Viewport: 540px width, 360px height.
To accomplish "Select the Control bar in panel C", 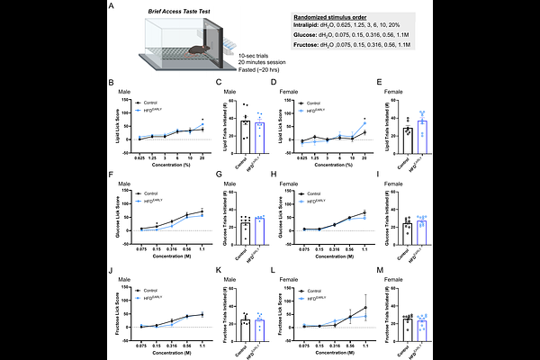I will point(245,130).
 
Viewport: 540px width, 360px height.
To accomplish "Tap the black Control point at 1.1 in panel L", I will point(364,308).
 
